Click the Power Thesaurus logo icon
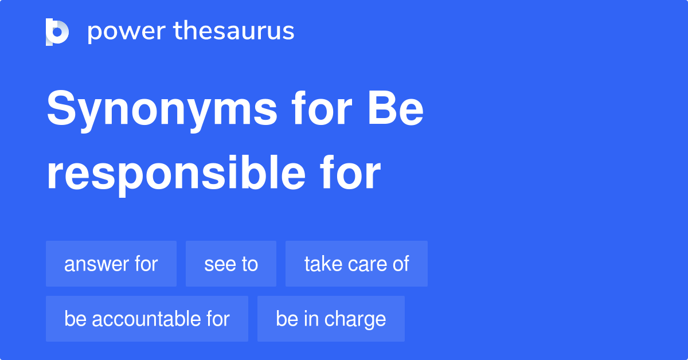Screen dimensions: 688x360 point(57,32)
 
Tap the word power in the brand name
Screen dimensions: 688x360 point(127,32)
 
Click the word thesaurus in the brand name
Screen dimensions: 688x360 point(234,30)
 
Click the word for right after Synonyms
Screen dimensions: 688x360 point(322,108)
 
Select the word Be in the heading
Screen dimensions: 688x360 point(396,108)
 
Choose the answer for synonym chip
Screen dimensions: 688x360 point(111,264)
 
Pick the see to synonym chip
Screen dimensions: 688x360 point(231,264)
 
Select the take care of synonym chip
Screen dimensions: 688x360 point(357,264)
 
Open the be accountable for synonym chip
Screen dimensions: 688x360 point(147,319)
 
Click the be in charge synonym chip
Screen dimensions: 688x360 point(331,319)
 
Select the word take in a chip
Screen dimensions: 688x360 point(323,264)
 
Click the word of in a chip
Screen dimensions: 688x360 point(401,264)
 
